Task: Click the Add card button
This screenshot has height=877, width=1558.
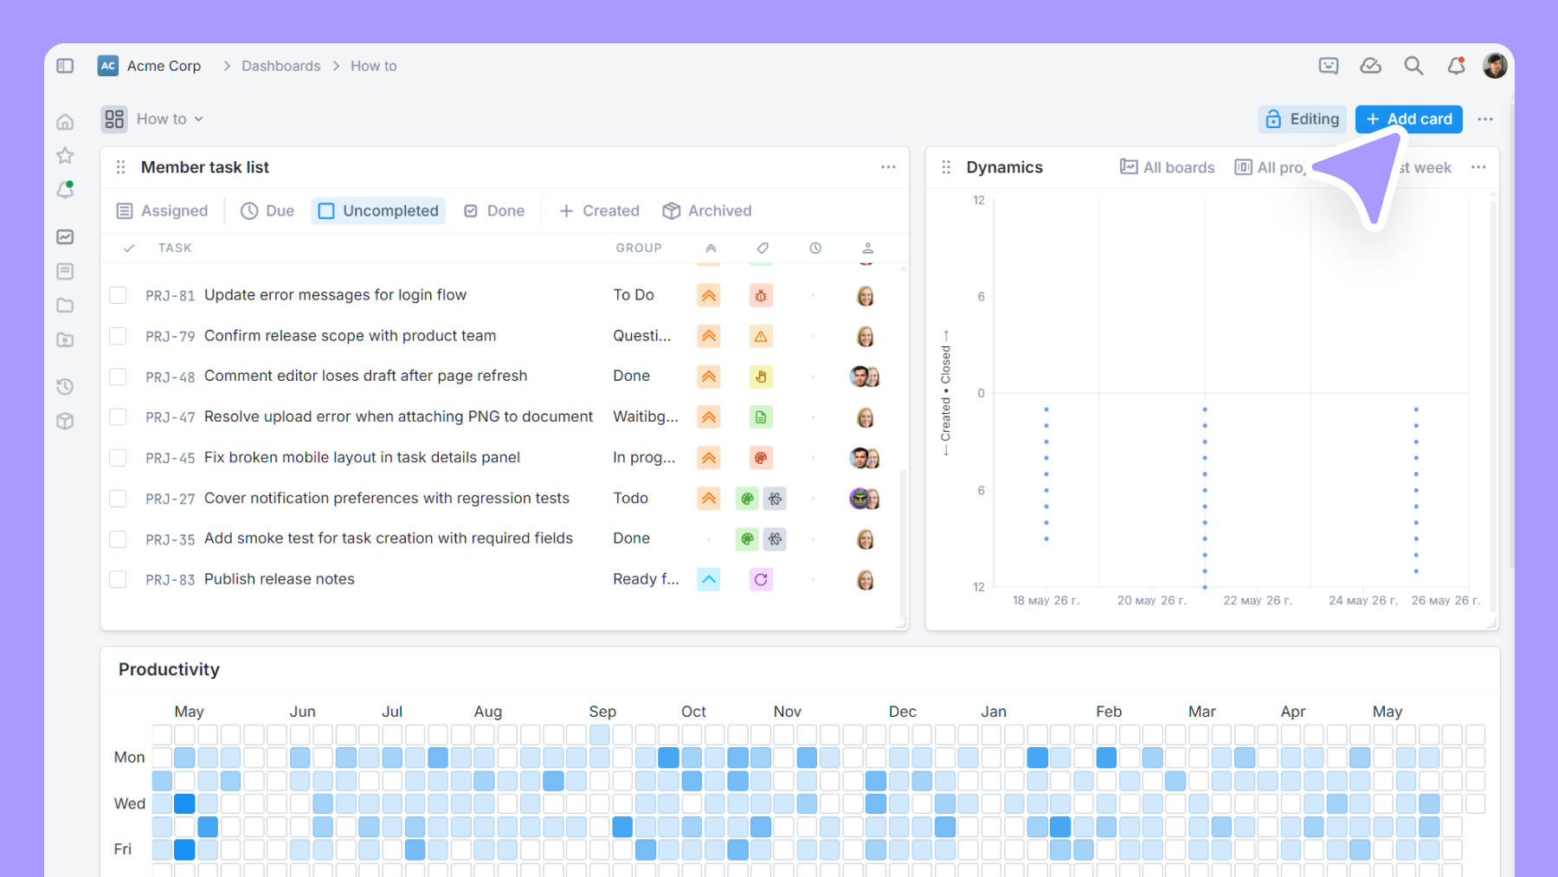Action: (1408, 119)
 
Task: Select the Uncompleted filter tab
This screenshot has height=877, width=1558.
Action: (378, 210)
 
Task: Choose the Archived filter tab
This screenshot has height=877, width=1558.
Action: (707, 210)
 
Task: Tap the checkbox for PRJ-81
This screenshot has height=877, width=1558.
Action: (118, 295)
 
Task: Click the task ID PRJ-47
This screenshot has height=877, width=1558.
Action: (171, 417)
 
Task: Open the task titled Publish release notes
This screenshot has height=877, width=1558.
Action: (280, 579)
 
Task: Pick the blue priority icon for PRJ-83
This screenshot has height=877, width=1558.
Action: (709, 579)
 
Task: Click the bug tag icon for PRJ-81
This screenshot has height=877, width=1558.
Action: (761, 295)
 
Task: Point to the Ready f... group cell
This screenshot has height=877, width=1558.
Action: (646, 579)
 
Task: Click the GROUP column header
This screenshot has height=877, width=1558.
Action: (639, 248)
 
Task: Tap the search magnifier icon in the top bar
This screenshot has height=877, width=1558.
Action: (1413, 66)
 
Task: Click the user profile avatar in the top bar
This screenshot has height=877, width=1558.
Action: (1495, 66)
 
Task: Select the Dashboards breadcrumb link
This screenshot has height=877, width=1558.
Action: (281, 66)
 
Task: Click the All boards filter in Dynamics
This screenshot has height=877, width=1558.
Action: (1168, 167)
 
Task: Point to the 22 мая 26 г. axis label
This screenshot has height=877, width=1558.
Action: (1257, 600)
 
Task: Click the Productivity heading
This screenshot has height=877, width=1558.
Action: (169, 669)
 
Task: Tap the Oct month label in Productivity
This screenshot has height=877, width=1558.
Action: (693, 712)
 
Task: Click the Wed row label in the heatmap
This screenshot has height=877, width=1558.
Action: (130, 803)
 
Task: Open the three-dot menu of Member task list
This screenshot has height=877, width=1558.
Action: (888, 167)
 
